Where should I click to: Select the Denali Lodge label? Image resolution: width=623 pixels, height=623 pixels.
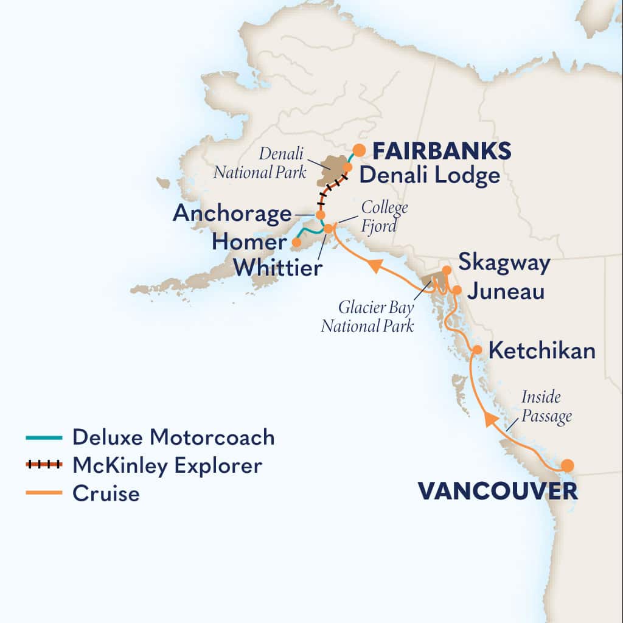(x=429, y=176)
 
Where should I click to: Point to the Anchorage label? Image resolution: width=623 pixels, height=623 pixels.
(x=232, y=214)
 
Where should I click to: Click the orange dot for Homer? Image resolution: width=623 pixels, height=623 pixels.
(x=296, y=242)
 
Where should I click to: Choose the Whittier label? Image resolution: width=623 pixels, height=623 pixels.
(x=277, y=267)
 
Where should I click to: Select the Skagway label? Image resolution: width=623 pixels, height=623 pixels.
(x=504, y=263)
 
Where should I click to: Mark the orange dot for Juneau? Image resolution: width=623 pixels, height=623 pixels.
(x=457, y=290)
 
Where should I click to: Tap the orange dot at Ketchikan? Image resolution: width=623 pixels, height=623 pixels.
(x=478, y=350)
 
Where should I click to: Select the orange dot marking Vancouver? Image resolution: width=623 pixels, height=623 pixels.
(x=567, y=466)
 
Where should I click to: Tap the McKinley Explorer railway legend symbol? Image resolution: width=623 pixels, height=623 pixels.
(x=44, y=465)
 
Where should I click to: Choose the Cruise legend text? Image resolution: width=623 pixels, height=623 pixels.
(x=106, y=493)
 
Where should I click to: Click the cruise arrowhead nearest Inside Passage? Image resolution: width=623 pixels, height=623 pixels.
(x=490, y=419)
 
